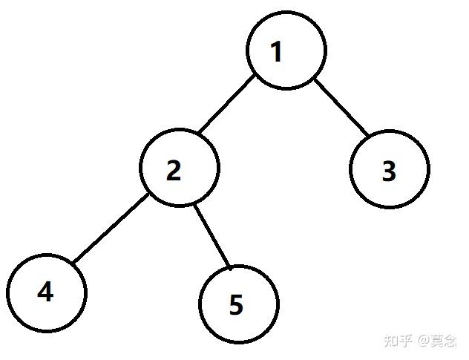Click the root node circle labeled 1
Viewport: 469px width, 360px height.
coord(286,13)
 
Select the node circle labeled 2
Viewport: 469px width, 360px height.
coord(180,130)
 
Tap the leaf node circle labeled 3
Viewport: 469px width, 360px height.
coord(390,131)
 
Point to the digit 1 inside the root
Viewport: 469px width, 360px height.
coord(276,52)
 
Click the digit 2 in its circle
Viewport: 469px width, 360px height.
coord(174,170)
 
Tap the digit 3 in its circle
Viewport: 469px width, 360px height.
coord(389,171)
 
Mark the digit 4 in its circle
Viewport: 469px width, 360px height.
coord(45,291)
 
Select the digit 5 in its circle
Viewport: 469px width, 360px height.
coord(236,304)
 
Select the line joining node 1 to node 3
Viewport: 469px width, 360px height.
coord(341,108)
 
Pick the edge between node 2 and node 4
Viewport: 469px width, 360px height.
coord(111,229)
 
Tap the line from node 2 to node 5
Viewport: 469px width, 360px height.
coord(212,236)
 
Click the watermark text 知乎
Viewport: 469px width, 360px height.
coord(399,341)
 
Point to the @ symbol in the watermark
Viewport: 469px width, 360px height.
coord(424,341)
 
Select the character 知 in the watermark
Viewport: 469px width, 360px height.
coord(391,341)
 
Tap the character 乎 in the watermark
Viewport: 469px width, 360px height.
coord(406,341)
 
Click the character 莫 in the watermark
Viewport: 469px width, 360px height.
coord(437,341)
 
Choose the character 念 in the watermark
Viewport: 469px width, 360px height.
coord(450,341)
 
